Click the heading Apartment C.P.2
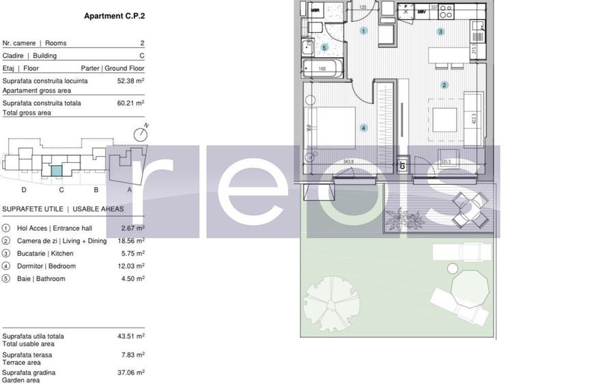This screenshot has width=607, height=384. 114,16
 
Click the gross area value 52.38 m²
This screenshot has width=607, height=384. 130,80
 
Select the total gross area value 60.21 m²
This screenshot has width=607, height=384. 130,103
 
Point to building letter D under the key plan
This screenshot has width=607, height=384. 24,190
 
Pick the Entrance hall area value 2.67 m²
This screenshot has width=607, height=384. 130,228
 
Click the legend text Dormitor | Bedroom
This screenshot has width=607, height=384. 46,266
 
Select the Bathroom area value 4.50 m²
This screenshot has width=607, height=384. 130,278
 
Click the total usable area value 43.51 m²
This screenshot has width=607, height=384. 130,336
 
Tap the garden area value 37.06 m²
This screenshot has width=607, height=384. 130,372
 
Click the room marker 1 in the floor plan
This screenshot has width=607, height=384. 363,31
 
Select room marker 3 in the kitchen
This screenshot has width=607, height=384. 440,31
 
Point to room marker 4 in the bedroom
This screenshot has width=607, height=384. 364,128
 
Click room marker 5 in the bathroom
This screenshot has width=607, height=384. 324,48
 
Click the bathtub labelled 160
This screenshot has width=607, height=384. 322,68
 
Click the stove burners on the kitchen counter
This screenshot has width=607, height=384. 446,11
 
